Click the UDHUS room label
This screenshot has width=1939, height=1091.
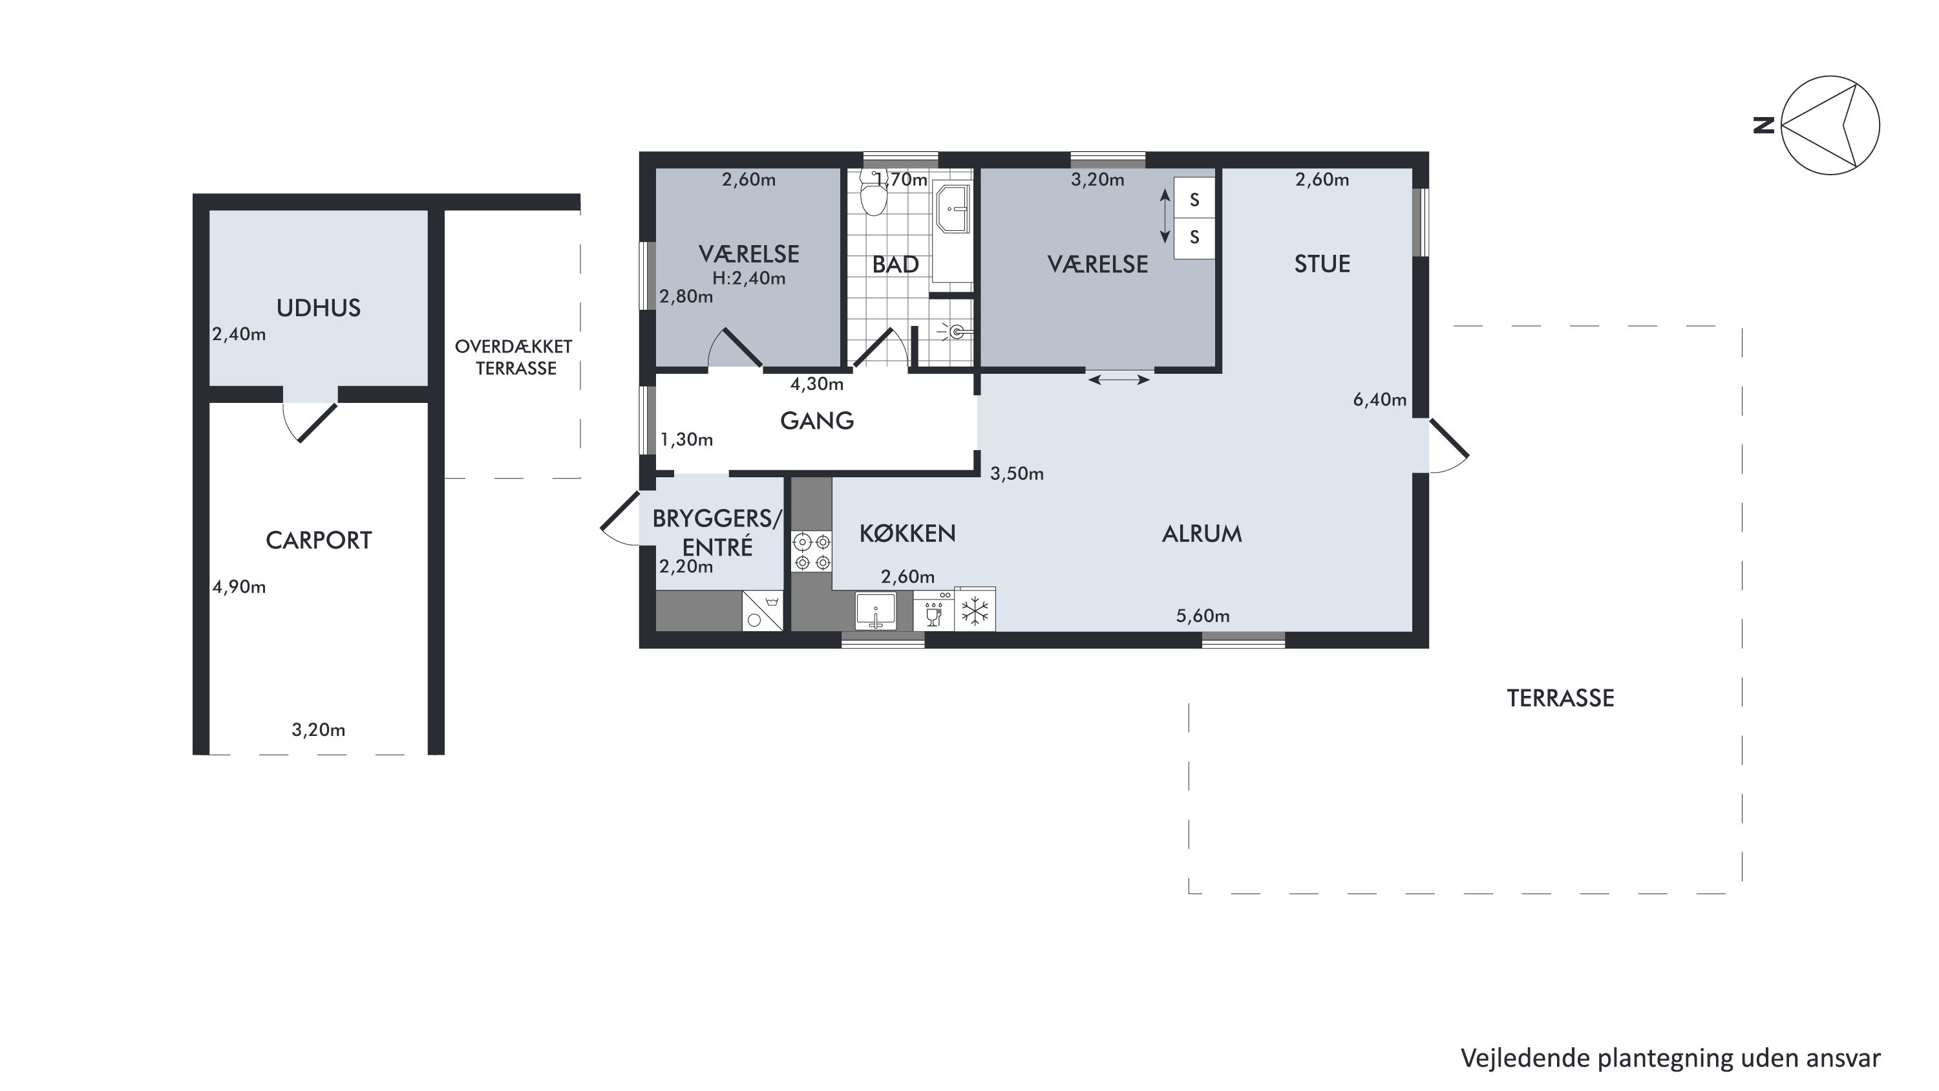319,308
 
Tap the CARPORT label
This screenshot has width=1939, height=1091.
319,541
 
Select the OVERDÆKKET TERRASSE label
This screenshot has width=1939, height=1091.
514,358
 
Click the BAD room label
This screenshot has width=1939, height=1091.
896,265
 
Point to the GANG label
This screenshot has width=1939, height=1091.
818,421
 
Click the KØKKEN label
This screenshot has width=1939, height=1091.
907,534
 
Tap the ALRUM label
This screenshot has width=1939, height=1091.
1202,534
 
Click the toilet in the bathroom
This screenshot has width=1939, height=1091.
873,193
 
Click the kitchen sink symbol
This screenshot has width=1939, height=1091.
875,610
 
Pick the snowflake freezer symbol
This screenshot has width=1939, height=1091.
975,610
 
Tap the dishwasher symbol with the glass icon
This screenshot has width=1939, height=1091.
934,610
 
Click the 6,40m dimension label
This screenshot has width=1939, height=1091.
1380,400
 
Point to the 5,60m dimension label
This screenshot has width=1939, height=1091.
1203,616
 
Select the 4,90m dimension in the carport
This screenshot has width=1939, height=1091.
239,587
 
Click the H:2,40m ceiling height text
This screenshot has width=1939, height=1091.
749,279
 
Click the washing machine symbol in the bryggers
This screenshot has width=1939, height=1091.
763,610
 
